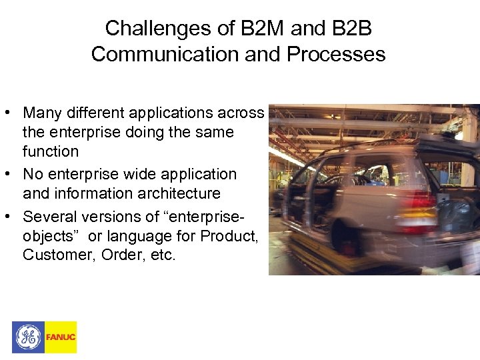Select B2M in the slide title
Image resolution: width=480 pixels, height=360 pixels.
tap(257, 28)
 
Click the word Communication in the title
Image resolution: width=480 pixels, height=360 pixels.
tap(165, 54)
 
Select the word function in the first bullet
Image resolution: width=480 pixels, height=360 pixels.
tap(51, 151)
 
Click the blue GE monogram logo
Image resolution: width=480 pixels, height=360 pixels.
tap(28, 337)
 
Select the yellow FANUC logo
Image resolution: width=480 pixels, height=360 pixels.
tap(61, 337)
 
